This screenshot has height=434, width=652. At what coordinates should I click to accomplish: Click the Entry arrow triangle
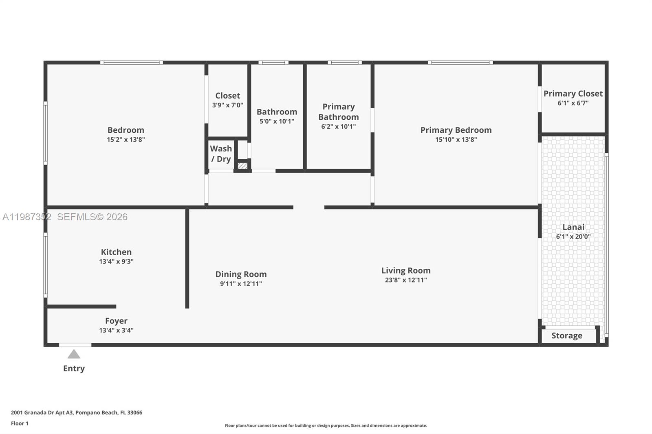(74, 354)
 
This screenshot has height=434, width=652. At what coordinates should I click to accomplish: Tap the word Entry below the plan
(74, 368)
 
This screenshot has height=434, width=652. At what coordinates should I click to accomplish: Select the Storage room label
(566, 336)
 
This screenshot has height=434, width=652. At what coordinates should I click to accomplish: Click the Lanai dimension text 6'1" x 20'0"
(573, 237)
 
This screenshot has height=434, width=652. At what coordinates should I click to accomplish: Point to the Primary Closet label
(573, 94)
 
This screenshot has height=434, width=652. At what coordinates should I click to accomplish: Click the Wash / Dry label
(221, 154)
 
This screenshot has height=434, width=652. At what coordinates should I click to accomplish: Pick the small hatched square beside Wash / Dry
(242, 166)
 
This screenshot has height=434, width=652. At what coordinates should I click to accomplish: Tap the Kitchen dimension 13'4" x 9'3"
(116, 261)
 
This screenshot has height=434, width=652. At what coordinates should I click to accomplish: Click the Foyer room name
(116, 321)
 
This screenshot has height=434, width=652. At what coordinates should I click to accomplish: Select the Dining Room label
(241, 274)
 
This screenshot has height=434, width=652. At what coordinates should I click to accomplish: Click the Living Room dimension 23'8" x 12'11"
(405, 280)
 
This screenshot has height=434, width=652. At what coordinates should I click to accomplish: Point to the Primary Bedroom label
(456, 130)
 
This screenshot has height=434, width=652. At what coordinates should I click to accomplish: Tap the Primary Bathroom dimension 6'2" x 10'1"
(338, 127)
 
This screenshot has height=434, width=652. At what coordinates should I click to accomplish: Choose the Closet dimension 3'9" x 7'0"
(227, 105)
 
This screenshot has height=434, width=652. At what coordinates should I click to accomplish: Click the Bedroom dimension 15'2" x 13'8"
(126, 140)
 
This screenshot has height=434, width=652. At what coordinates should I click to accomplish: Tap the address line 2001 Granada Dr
(77, 412)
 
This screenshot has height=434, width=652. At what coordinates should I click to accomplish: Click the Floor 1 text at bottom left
(20, 423)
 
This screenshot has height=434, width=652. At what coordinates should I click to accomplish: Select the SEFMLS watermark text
(92, 217)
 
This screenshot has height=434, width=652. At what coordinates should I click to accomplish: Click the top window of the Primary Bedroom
(460, 63)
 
